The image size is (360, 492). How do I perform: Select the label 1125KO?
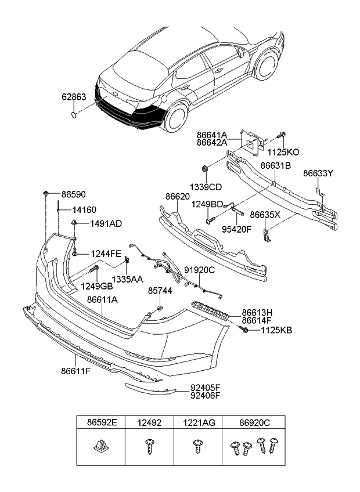283,152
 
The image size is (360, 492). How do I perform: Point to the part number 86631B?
275,165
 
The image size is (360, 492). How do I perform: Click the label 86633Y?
318,173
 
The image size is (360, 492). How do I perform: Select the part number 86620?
178,197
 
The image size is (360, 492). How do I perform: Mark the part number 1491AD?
105,223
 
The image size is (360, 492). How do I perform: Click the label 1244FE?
105,253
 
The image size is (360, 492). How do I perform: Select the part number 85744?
160,290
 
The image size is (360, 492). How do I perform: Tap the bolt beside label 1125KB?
246,330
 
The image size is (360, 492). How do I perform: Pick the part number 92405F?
206,388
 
